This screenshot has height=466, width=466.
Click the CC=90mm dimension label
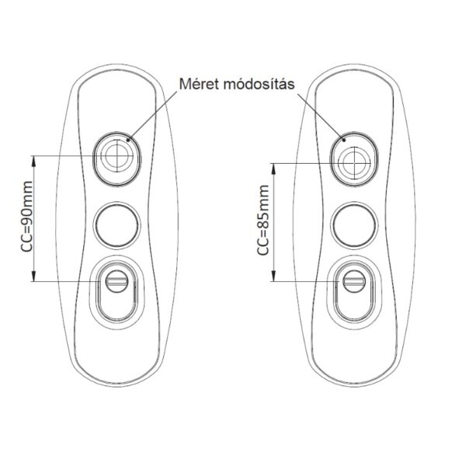pyautogui.click(x=26, y=217)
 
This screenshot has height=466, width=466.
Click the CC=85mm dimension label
pyautogui.click(x=263, y=220)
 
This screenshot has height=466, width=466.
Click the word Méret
pyautogui.click(x=199, y=84)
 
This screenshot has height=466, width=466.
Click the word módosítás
pyautogui.click(x=259, y=84)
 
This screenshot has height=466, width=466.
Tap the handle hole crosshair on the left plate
pyautogui.click(x=117, y=155)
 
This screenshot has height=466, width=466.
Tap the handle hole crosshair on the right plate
pyautogui.click(x=354, y=163)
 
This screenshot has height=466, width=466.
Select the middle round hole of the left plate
pyautogui.click(x=116, y=224)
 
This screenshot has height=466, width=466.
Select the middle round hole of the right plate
pyautogui.click(x=354, y=224)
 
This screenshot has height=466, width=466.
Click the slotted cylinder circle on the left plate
pyautogui.click(x=117, y=281)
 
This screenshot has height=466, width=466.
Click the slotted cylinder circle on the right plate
pyautogui.click(x=354, y=281)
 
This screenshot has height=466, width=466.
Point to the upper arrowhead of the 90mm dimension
pyautogui.click(x=34, y=161)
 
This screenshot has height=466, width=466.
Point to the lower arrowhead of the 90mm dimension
pyautogui.click(x=34, y=276)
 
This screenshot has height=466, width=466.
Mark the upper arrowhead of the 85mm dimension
pyautogui.click(x=274, y=169)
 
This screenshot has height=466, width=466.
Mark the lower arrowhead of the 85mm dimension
pyautogui.click(x=274, y=276)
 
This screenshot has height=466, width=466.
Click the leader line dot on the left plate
pyautogui.click(x=128, y=139)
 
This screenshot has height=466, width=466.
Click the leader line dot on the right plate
pyautogui.click(x=344, y=139)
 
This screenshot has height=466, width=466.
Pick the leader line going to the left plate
pyautogui.click(x=153, y=115)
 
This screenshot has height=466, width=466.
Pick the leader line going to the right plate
pyautogui.click(x=321, y=116)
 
